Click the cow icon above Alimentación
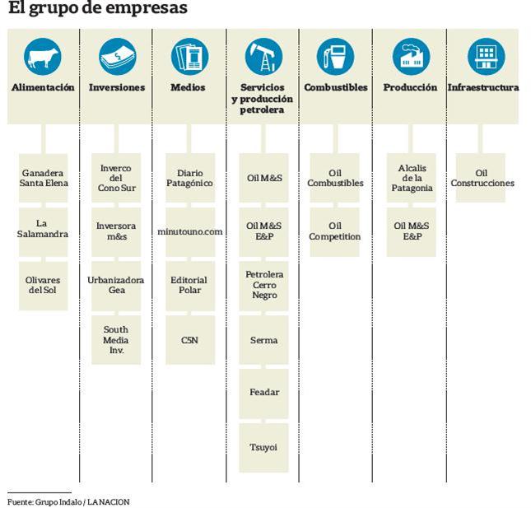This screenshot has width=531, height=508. click(x=43, y=58)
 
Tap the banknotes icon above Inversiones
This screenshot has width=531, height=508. click(x=117, y=58)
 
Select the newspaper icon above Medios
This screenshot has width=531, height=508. click(x=189, y=58)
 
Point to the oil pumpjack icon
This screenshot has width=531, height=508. click(x=263, y=58)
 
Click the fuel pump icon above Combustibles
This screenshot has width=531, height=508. click(x=335, y=58)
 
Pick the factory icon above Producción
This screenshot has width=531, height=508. click(x=410, y=58)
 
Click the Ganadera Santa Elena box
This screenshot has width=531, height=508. click(x=43, y=178)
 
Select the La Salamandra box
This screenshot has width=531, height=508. click(x=43, y=229)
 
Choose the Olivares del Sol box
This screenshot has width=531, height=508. click(x=43, y=285)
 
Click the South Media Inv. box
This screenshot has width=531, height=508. click(x=116, y=339)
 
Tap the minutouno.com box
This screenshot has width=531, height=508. click(x=190, y=231)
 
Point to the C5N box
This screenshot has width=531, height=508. click(x=190, y=339)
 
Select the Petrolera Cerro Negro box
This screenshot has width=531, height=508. click(x=264, y=285)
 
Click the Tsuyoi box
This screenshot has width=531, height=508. click(x=264, y=447)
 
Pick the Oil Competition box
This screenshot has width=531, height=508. click(x=335, y=231)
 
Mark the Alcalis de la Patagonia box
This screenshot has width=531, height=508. click(x=412, y=178)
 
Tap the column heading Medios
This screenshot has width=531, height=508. click(x=188, y=87)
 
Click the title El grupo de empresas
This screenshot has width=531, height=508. click(x=97, y=10)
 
